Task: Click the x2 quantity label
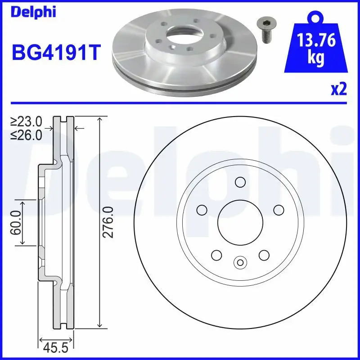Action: click(339, 90)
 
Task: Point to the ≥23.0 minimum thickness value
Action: click(27, 121)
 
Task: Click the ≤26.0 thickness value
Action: click(27, 134)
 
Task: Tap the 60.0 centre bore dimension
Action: click(17, 222)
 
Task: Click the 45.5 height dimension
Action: click(56, 348)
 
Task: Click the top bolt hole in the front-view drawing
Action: click(240, 182)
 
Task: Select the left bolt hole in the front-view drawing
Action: click(201, 210)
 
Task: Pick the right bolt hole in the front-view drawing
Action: click(279, 210)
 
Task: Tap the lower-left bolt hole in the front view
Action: click(216, 255)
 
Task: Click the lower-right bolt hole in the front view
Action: click(264, 255)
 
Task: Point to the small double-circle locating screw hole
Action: click(240, 262)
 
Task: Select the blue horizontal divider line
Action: click(180, 103)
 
